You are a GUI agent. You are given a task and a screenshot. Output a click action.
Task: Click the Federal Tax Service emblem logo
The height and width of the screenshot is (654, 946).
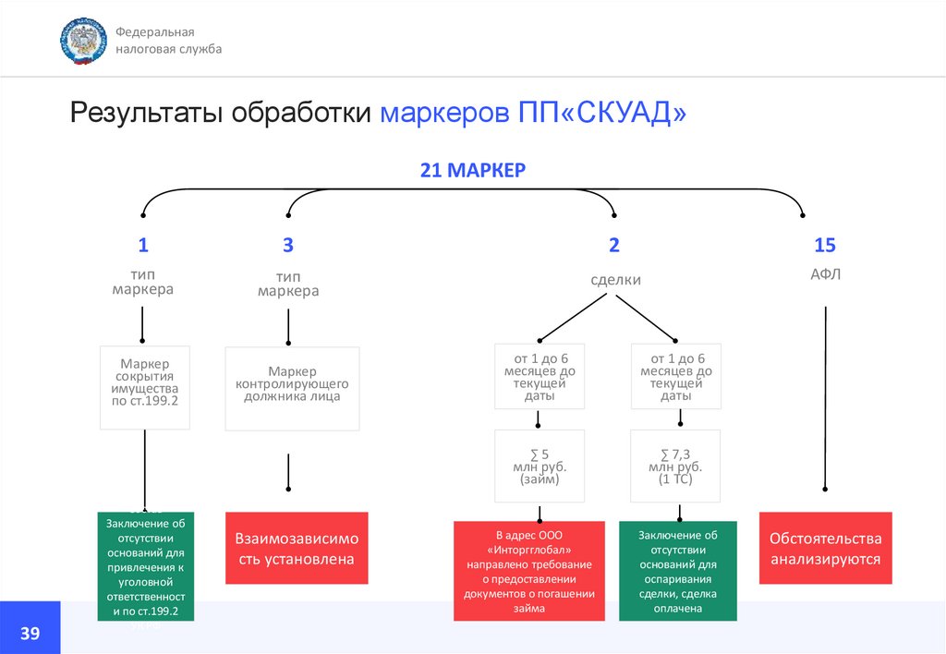click(83, 41)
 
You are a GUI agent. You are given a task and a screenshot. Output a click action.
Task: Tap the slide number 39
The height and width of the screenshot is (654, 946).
click(30, 633)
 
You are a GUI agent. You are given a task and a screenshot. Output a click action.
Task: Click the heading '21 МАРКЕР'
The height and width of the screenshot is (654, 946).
click(472, 170)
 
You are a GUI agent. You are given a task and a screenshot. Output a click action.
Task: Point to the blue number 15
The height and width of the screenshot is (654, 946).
click(824, 245)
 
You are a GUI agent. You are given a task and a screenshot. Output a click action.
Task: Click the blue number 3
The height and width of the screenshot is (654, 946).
click(288, 245)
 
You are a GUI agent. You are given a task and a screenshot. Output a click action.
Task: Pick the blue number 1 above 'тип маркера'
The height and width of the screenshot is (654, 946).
click(143, 245)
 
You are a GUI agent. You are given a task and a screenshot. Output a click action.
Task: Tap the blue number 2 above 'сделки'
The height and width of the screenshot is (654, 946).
click(614, 245)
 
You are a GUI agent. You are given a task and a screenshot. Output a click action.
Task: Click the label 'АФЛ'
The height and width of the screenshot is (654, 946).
click(824, 274)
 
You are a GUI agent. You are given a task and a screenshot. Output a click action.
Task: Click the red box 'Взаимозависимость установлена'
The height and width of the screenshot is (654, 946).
click(297, 548)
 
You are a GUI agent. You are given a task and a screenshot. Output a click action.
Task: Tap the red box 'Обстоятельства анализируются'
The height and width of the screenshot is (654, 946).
click(825, 548)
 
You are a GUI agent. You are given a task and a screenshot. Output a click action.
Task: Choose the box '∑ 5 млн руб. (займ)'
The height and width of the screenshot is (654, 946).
click(540, 466)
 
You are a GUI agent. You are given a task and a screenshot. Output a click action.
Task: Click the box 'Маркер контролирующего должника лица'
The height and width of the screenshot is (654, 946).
click(292, 388)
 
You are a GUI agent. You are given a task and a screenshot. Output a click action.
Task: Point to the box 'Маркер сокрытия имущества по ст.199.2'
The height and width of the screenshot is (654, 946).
click(144, 387)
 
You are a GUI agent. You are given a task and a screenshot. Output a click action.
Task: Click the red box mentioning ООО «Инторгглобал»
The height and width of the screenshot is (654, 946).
click(528, 572)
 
